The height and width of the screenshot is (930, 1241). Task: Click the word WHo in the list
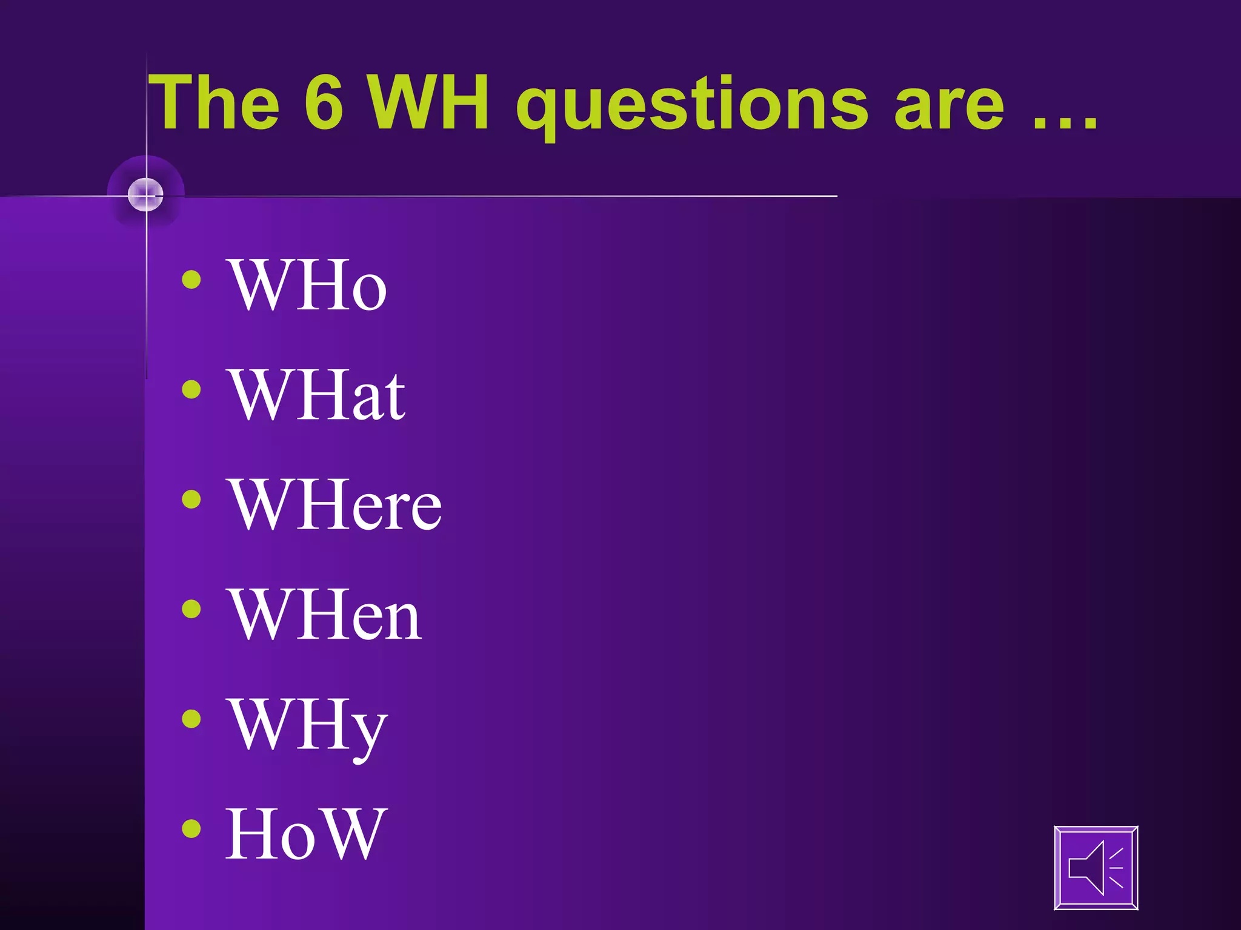point(307,285)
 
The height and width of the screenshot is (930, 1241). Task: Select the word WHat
point(316,395)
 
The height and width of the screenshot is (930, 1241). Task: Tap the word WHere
point(334,505)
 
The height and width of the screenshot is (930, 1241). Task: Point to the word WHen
point(325,615)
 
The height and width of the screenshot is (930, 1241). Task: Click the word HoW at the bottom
point(306,835)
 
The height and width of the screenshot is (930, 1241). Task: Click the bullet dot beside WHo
point(191,280)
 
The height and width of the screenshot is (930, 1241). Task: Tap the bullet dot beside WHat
point(191,389)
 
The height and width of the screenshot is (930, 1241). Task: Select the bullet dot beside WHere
point(191,500)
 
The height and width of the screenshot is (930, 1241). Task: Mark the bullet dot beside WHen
point(191,609)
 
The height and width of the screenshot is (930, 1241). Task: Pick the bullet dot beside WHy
point(191,719)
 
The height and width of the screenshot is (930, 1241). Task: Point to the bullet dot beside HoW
point(191,828)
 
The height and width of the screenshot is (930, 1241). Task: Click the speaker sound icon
point(1096,868)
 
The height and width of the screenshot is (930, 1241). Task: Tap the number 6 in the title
point(324,103)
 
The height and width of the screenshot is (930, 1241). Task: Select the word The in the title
point(215,103)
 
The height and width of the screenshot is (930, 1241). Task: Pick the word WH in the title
point(429,103)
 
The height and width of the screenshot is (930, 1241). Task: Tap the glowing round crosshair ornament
point(146,195)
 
